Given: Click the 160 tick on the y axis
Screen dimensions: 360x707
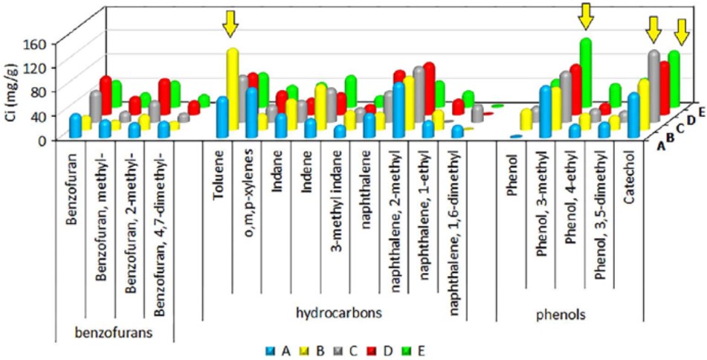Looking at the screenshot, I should [x=36, y=42].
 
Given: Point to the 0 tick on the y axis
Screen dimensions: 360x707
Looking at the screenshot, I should [x=43, y=139].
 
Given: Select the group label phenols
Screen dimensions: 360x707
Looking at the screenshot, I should [x=561, y=315].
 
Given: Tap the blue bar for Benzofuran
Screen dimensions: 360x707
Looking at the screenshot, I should [x=75, y=126].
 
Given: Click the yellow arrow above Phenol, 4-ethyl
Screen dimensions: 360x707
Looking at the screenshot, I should [x=586, y=14].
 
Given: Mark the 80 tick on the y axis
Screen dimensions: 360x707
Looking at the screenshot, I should [x=40, y=91].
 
